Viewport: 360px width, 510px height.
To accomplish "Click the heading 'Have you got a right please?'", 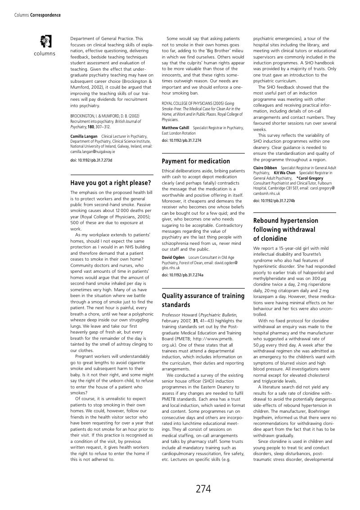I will pos(110,183).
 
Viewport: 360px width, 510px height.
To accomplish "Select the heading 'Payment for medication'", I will pos(196,161).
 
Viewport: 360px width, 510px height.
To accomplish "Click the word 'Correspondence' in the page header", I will pos(45,15).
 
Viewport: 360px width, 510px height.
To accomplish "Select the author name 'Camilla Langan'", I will pos(84,136).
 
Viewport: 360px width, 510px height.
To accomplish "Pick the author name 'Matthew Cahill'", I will pos(175,128).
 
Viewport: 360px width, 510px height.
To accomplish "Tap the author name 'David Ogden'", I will pos(173,257).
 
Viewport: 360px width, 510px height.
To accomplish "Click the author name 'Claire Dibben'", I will pos(265,168).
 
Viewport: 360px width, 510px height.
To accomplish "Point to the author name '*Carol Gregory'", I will pos(310,178).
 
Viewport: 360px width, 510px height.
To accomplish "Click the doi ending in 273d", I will pos(91,160).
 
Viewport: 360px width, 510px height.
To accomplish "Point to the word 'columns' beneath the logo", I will pos(45,54).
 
